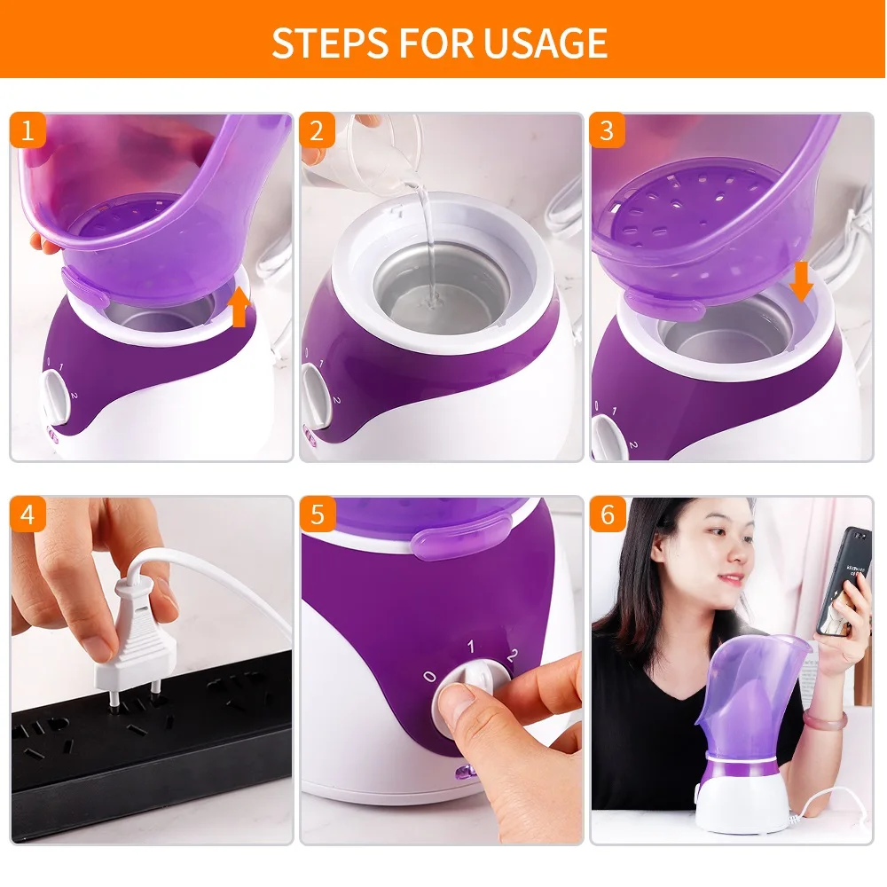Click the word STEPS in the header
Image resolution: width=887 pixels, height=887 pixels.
click(x=327, y=43)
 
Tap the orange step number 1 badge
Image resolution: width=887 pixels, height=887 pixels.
click(x=27, y=130)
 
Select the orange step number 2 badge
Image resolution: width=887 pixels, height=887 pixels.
click(x=317, y=130)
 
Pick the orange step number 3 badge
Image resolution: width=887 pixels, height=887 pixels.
click(x=608, y=130)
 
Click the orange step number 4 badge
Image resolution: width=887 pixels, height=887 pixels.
click(x=27, y=515)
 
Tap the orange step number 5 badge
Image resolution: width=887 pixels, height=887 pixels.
click(x=317, y=515)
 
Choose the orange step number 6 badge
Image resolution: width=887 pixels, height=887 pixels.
click(x=608, y=515)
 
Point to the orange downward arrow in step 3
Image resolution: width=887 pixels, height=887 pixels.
click(x=801, y=281)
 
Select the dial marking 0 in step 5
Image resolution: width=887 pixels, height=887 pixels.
click(x=430, y=677)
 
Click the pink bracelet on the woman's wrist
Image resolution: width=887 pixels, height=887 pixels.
click(x=826, y=719)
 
